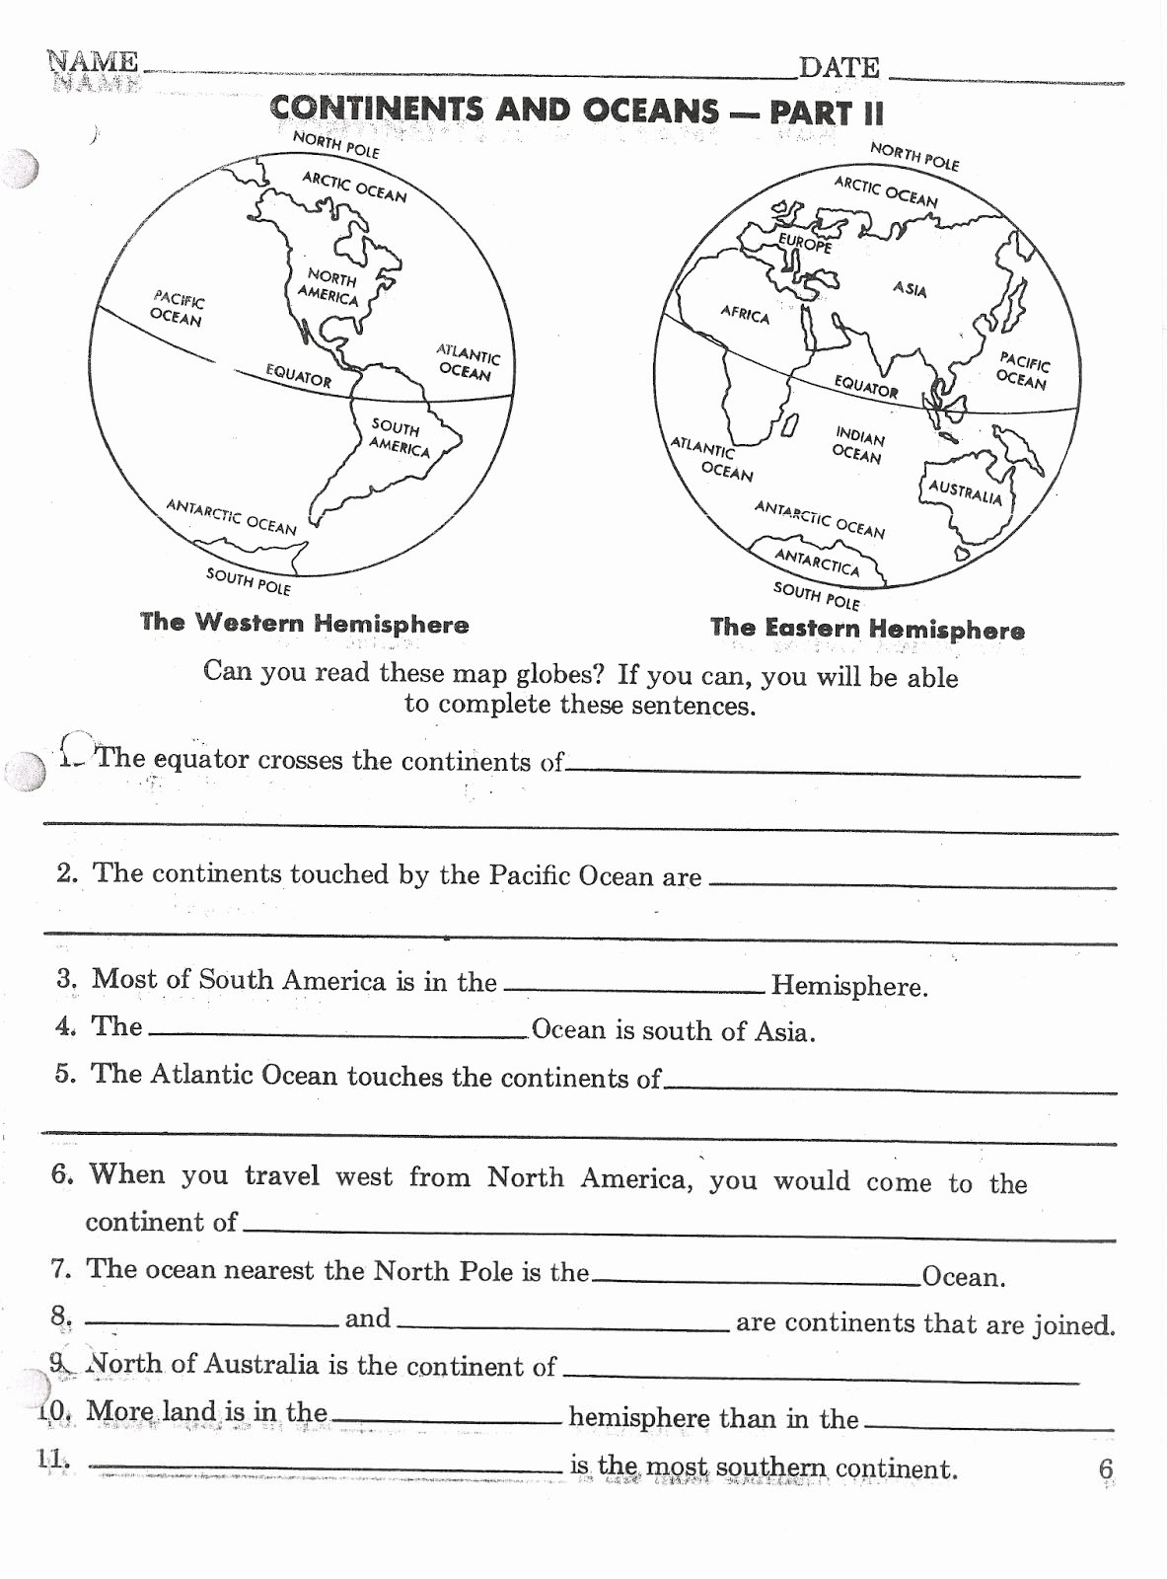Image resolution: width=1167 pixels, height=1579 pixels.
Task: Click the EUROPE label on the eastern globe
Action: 805,242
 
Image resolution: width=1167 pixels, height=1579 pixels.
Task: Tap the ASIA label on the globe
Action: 910,289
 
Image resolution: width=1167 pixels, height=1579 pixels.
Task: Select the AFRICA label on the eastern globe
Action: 745,314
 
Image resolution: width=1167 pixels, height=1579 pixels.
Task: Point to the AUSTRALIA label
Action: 965,491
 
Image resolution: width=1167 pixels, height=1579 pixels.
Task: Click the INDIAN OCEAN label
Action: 858,444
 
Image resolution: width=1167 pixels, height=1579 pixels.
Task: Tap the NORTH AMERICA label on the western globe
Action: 329,286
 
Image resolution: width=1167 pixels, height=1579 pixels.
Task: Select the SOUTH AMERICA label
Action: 399,437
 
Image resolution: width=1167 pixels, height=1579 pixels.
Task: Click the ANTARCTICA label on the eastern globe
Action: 817,562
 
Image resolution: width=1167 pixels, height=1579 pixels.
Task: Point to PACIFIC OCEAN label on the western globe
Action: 177,308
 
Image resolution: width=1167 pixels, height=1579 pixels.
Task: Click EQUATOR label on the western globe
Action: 299,375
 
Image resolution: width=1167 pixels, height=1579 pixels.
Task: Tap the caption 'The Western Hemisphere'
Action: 304,623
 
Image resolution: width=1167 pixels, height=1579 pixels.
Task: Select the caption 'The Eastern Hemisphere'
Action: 867,629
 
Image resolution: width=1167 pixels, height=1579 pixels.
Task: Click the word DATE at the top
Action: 839,67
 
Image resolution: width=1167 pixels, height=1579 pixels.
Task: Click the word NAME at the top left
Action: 94,61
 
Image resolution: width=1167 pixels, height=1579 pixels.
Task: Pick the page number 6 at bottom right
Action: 1106,1468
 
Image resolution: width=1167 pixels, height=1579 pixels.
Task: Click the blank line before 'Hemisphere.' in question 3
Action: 633,987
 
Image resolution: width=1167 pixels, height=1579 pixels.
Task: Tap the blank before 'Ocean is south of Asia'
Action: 337,1032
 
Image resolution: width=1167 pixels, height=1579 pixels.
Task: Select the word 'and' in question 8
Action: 368,1318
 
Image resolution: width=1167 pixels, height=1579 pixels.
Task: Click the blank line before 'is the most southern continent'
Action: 326,1468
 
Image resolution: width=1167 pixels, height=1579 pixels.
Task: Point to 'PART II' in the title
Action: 827,112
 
